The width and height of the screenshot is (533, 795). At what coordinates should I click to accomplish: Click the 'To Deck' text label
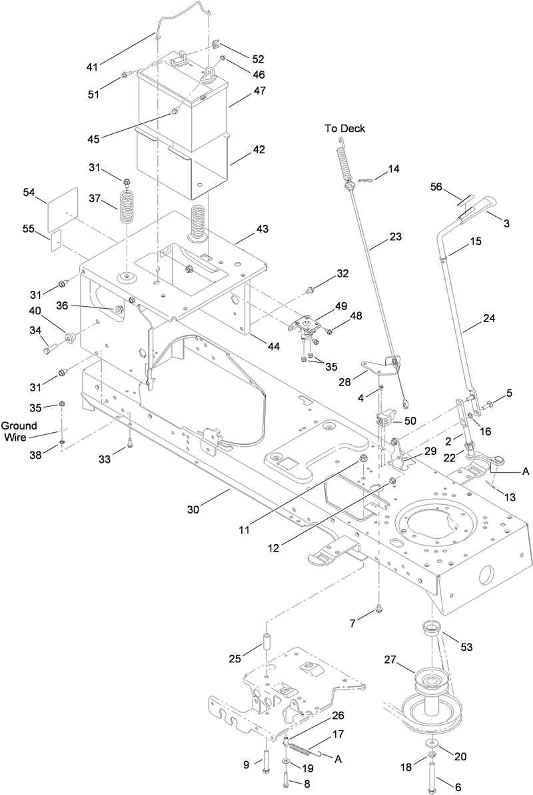(344, 129)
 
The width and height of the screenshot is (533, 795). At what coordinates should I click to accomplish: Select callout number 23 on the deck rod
(396, 235)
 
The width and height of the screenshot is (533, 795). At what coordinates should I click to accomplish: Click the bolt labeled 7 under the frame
(378, 608)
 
